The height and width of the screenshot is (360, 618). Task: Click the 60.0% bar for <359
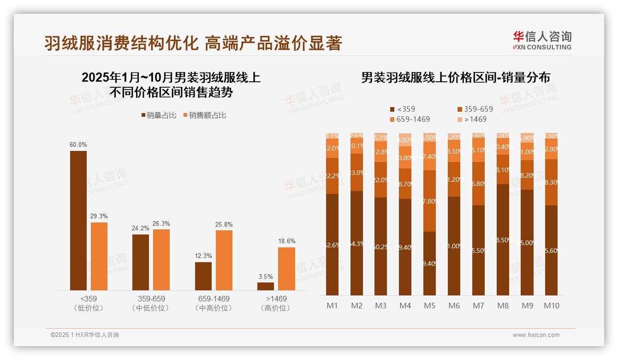pos(78,220)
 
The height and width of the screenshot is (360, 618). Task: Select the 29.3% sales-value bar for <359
pos(99,256)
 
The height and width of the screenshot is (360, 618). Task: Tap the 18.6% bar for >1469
pos(286,269)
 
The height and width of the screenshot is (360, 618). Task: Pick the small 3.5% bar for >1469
pos(266,286)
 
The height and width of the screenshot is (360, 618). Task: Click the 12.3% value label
pos(203,256)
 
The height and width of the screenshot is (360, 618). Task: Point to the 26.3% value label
pos(161,223)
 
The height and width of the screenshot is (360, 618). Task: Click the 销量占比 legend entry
pos(159,115)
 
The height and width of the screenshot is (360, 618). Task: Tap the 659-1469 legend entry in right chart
pos(410,119)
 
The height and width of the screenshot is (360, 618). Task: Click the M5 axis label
pos(429,306)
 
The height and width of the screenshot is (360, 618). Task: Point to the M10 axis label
pos(552,306)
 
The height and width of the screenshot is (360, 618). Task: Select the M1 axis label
pos(332,306)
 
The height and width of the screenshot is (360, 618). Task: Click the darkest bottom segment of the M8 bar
pos(503,240)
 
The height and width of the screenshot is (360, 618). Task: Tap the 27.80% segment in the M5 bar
pos(429,201)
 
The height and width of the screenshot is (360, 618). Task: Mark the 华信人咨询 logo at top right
pos(542,40)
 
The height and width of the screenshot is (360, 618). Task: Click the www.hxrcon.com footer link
pos(536,335)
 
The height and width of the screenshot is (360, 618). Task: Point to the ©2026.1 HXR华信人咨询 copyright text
pos(85,335)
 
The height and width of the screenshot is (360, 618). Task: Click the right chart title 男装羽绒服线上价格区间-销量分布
pos(455,78)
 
